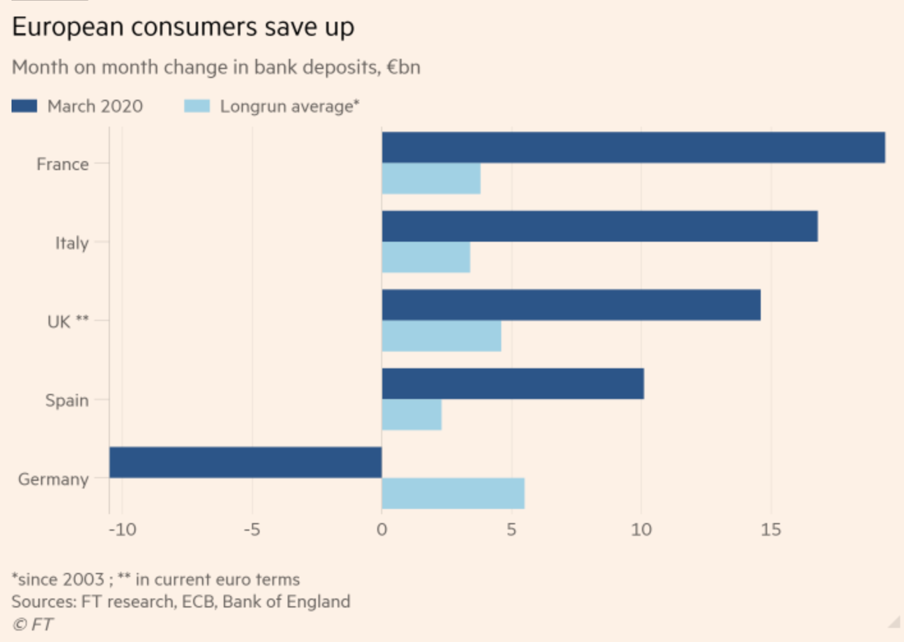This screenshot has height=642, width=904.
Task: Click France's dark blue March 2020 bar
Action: tap(633, 147)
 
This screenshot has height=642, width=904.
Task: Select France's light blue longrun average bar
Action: tap(431, 178)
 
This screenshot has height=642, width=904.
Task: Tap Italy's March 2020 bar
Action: tap(599, 226)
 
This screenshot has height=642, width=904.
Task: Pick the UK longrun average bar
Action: tap(441, 336)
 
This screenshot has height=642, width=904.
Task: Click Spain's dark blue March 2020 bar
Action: tap(513, 384)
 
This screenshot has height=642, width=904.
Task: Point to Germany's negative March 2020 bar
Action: tap(245, 462)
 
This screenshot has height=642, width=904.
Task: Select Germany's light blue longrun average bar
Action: tap(453, 494)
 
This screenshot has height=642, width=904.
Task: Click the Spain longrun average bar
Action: tap(412, 415)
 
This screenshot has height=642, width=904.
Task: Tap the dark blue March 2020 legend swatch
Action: tap(24, 106)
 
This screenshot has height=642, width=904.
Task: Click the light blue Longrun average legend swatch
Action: tap(197, 106)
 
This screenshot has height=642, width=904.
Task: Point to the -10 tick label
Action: tap(122, 530)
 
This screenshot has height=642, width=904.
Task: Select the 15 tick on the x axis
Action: tap(770, 530)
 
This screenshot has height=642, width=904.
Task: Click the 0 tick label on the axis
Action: tap(382, 530)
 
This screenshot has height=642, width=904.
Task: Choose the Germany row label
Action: tap(53, 479)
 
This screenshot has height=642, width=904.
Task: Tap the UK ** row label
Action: tap(68, 322)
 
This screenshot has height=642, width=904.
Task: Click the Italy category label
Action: tap(72, 243)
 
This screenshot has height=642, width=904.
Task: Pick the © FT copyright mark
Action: tap(33, 624)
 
